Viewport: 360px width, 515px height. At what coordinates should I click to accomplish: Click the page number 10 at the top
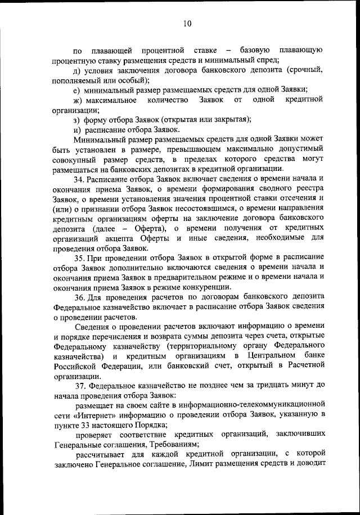pos(187,23)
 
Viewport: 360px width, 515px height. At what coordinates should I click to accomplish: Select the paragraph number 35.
pos(80,256)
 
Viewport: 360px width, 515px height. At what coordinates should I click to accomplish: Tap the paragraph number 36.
pos(80,296)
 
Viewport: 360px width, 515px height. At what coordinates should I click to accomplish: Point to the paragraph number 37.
pos(80,386)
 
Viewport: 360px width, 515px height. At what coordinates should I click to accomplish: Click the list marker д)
pos(77,70)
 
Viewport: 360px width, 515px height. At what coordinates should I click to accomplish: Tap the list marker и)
pos(77,129)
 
